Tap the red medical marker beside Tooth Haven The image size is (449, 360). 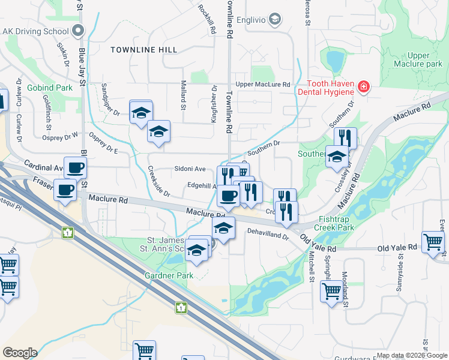point(363,88)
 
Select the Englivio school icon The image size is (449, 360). point(275,20)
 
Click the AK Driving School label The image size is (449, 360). point(35,31)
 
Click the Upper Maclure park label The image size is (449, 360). point(417,59)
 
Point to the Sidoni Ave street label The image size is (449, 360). point(190,169)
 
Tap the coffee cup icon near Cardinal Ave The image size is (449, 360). point(75,167)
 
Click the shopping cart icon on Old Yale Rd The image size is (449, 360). point(432,242)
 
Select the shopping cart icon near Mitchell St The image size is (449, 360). point(331,292)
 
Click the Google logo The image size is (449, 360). point(19,353)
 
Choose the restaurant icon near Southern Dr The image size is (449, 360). point(345,138)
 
